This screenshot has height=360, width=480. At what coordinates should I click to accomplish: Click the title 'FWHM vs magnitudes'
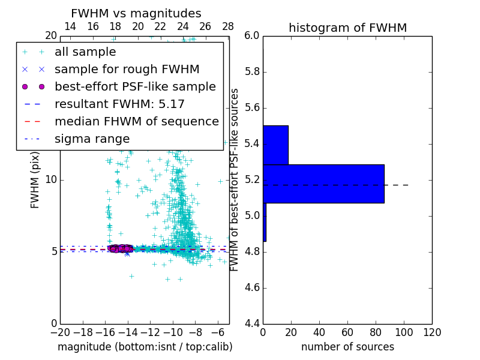pyautogui.click(x=136, y=13)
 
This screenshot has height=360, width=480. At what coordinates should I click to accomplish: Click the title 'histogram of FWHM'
pyautogui.click(x=347, y=28)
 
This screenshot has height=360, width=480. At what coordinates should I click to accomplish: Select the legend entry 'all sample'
pyautogui.click(x=85, y=52)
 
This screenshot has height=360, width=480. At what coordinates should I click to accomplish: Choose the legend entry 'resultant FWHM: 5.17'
pyautogui.click(x=119, y=104)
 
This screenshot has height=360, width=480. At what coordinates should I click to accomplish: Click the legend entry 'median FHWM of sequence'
pyautogui.click(x=136, y=121)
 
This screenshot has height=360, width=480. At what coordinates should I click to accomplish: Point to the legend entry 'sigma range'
pyautogui.click(x=92, y=139)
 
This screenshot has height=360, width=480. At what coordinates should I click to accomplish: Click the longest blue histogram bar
pyautogui.click(x=323, y=184)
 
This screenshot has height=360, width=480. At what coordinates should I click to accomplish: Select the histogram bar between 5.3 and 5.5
pyautogui.click(x=275, y=145)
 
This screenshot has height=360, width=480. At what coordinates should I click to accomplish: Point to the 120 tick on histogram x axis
pyautogui.click(x=431, y=332)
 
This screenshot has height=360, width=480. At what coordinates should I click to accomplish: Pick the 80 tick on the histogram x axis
pyautogui.click(x=376, y=332)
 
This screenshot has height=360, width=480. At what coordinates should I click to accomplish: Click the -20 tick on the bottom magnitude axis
pyautogui.click(x=60, y=332)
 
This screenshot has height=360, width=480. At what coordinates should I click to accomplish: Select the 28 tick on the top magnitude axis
pyautogui.click(x=228, y=26)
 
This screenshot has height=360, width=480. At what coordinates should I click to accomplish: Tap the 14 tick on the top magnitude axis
pyautogui.click(x=70, y=26)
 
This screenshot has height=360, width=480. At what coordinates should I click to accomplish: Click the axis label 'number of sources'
pyautogui.click(x=347, y=347)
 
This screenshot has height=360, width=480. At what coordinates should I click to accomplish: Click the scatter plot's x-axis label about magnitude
pyautogui.click(x=145, y=347)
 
